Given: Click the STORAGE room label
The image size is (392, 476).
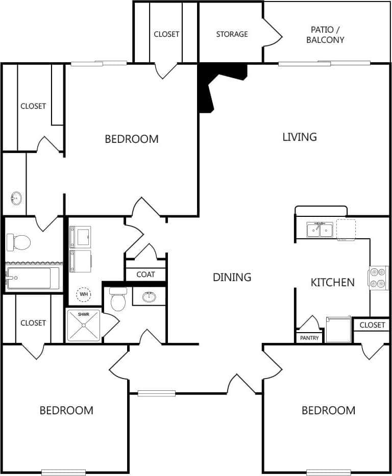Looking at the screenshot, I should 232,34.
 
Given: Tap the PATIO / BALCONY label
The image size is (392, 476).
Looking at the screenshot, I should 325,35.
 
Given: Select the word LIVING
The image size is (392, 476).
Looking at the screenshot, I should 300,137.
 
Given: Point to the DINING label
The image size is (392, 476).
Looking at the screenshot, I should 232,277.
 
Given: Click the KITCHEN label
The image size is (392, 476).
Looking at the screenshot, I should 332,282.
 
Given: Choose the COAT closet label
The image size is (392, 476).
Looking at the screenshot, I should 145,274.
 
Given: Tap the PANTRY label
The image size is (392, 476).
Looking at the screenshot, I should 309,338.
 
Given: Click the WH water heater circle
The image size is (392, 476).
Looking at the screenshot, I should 83,294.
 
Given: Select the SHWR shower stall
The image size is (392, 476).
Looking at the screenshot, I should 83,325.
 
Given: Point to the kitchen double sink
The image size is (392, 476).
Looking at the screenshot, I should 320,230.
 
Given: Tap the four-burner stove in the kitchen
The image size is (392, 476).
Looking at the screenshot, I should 378,278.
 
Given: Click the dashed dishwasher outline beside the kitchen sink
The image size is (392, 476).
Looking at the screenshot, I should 346,230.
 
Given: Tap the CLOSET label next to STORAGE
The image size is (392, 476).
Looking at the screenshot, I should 166,34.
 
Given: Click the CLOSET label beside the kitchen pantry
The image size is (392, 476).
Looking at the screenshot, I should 372,325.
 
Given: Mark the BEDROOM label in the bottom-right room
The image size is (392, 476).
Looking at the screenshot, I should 328,410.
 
